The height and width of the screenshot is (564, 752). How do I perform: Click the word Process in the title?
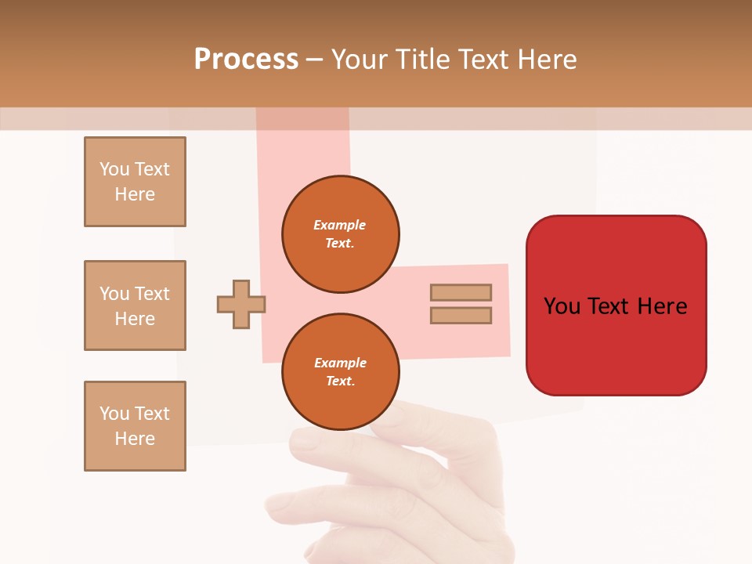point(246,60)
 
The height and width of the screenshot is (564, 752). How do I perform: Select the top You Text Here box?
point(135,182)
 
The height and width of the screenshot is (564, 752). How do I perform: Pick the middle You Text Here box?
point(135,305)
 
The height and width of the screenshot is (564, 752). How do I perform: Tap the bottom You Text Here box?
point(135,426)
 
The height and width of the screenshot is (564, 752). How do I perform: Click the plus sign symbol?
point(241,304)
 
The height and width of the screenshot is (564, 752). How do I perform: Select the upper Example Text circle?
point(341,234)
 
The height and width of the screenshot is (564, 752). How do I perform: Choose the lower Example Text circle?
point(341,372)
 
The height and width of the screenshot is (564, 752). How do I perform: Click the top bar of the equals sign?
point(461,292)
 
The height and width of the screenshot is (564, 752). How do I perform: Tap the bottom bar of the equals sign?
point(461,316)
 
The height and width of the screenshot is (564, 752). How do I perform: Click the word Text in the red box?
point(609,306)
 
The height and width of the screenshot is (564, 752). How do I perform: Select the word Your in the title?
point(356,60)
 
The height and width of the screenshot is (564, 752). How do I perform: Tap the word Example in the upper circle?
point(340,225)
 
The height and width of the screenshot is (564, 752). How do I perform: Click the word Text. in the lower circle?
point(340,381)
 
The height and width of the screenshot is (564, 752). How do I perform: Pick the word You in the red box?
point(562,306)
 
